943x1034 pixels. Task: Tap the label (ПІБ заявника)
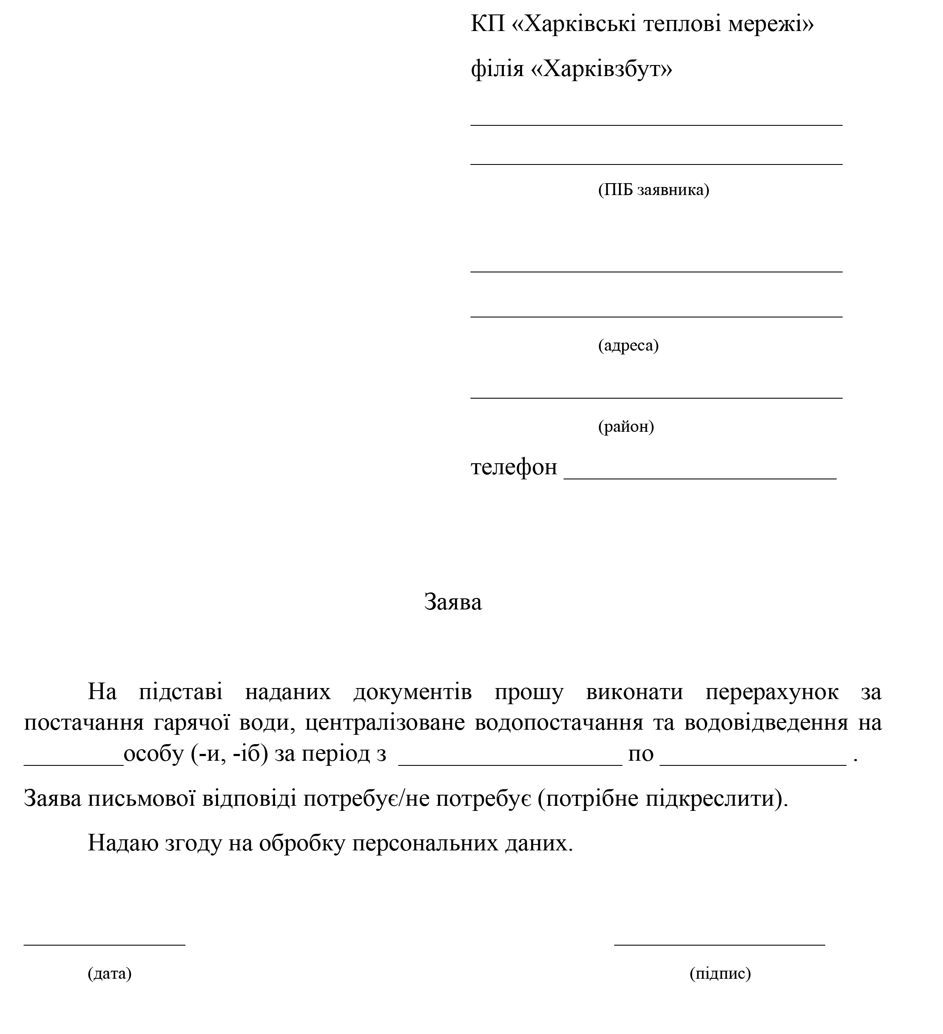[x=653, y=190]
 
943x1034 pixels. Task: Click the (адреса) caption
[x=628, y=345]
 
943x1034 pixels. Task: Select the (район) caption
[x=626, y=426]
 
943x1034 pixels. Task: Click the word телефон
[x=514, y=467]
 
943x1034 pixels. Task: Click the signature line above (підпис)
[x=719, y=944]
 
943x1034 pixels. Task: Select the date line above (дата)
[x=104, y=944]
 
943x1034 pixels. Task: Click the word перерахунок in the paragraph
[x=772, y=692]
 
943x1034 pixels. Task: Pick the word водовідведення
[x=766, y=722]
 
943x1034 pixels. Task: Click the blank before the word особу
[x=74, y=764]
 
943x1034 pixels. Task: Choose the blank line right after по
[x=753, y=764]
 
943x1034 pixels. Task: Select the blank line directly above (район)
[x=656, y=397]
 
